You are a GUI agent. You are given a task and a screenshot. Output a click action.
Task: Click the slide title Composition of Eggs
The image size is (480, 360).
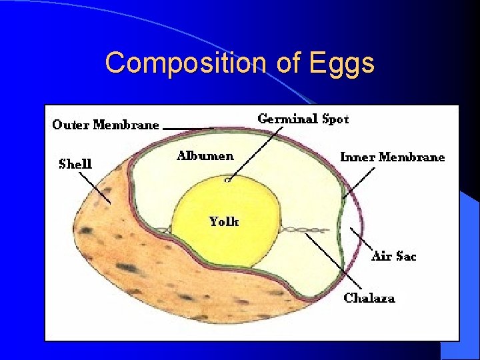240,63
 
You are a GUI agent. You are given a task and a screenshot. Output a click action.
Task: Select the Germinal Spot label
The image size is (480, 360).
303,119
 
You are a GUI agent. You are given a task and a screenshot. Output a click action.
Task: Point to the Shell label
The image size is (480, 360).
75,163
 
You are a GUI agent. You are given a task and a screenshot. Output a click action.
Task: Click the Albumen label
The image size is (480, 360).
205,156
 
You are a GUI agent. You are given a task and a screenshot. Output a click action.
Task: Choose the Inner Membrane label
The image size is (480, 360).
392,157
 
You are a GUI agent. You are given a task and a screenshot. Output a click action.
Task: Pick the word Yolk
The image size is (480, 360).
223,221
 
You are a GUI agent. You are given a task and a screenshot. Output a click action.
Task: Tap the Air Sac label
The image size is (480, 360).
393,255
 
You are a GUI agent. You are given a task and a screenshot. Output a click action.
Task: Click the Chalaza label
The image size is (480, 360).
369,298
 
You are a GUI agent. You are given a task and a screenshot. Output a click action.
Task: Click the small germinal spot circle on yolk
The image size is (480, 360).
228,179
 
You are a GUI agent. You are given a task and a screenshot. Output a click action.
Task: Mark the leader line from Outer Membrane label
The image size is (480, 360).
188,127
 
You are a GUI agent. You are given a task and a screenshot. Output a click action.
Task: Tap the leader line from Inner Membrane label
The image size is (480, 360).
359,182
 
